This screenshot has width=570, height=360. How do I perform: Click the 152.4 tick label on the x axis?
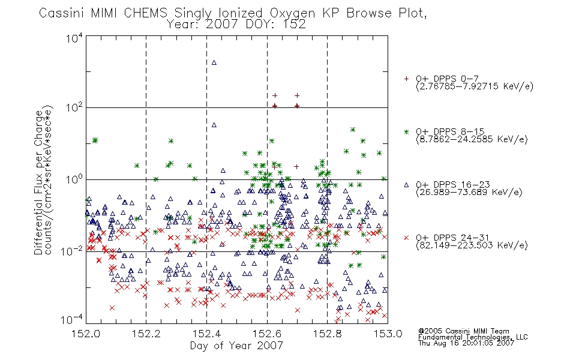[206, 334]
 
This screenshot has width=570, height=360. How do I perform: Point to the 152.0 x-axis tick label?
[86, 334]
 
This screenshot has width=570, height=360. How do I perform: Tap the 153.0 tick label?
[388, 334]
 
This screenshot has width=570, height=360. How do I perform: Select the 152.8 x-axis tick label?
[327, 334]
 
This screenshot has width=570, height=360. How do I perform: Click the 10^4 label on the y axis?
[74, 38]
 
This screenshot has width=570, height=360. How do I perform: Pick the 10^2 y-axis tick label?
[74, 107]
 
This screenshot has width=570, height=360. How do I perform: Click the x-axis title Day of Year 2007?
[236, 346]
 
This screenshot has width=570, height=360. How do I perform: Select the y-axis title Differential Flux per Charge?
[38, 182]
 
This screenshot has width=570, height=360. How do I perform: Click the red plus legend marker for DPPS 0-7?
[406, 79]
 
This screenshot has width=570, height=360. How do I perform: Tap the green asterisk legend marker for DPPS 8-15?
[406, 131]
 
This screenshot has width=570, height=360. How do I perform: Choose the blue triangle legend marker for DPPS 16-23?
[406, 185]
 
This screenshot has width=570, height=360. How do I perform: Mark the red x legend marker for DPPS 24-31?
[406, 238]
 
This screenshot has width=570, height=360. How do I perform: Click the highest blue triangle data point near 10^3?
[214, 62]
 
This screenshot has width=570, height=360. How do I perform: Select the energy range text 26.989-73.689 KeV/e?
[469, 193]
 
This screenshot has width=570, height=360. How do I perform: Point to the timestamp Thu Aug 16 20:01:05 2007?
[466, 343]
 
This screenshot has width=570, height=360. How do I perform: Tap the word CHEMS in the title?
[145, 13]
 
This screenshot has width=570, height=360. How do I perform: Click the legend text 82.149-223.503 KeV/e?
[472, 245]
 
